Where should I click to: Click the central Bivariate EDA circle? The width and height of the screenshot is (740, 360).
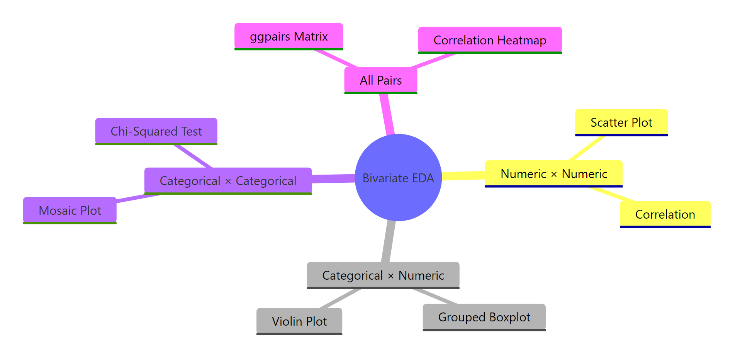click(398, 178)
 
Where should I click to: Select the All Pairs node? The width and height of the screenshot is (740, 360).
click(380, 80)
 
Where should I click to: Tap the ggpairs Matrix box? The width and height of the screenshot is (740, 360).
click(289, 36)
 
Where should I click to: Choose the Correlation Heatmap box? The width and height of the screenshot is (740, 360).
click(490, 40)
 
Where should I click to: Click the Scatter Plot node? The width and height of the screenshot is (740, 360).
click(621, 122)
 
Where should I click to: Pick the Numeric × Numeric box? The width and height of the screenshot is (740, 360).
click(553, 174)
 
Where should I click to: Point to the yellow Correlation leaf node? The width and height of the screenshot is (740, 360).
click(665, 214)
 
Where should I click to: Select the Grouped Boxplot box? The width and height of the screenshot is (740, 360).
click(484, 317)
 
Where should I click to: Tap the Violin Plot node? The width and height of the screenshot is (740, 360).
click(299, 321)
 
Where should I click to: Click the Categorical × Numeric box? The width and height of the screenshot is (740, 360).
click(383, 275)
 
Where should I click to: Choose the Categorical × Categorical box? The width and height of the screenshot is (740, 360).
click(228, 181)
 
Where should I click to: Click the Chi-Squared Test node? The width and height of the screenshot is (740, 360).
click(156, 131)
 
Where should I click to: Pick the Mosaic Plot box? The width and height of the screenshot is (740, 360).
click(70, 211)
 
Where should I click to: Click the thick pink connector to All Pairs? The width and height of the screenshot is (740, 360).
click(387, 114)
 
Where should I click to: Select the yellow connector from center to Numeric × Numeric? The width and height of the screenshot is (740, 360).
click(463, 176)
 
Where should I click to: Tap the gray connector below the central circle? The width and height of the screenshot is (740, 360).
click(389, 242)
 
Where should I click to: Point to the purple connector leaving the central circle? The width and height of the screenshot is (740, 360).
click(333, 178)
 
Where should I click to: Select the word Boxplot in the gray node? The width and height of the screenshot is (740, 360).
click(510, 317)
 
